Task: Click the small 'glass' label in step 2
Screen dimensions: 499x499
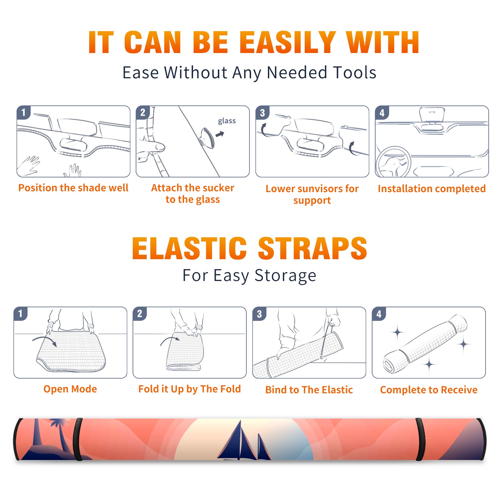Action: [x=227, y=121]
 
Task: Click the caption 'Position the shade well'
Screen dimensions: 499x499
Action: [x=73, y=188]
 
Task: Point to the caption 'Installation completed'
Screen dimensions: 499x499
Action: [x=432, y=188]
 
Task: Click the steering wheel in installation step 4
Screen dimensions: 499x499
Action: [x=393, y=162]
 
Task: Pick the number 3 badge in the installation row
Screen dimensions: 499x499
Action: [x=262, y=113]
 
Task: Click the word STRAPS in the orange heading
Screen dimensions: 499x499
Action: [x=312, y=248]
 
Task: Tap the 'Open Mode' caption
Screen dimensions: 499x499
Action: [x=70, y=389]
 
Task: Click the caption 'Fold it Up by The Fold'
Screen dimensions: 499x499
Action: [x=190, y=389]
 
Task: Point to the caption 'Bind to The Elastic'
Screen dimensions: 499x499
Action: [x=309, y=390]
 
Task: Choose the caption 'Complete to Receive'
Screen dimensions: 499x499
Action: [x=429, y=390]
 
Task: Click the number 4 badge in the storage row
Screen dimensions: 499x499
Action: [x=379, y=314]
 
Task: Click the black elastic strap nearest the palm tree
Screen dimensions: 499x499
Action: [x=78, y=439]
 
